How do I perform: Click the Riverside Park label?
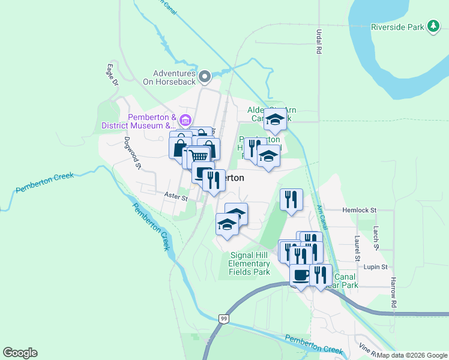coord(397,27)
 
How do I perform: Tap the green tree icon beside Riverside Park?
coord(433,26)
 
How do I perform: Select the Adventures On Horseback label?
coord(170,77)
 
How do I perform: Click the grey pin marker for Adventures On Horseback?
coord(205,76)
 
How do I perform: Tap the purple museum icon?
coord(185,121)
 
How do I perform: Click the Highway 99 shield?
coord(223,318)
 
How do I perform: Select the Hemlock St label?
coord(359,210)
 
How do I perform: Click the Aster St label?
coord(176,196)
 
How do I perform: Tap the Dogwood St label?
coord(132,153)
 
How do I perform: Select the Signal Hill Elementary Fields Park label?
coord(250,263)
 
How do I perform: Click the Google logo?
coord(20,353)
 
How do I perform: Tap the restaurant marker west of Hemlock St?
coord(291,199)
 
